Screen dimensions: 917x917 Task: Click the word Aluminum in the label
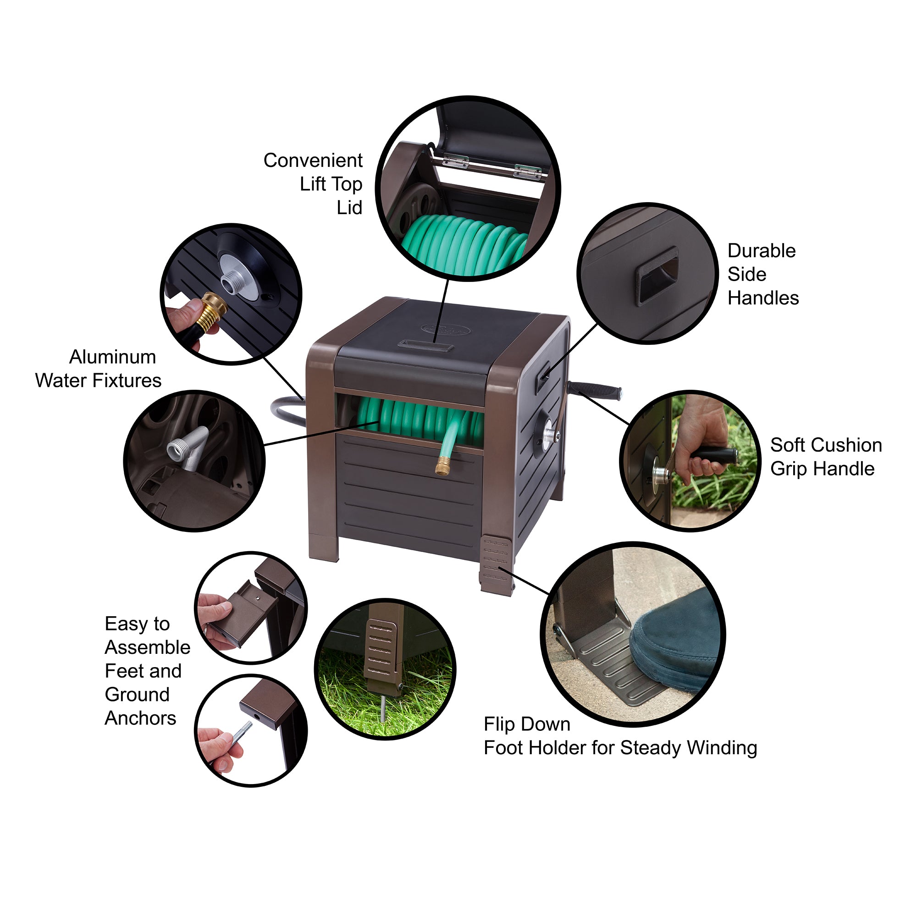[x=112, y=357]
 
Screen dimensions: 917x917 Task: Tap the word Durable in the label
[x=761, y=251]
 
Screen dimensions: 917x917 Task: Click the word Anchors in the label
[x=140, y=718]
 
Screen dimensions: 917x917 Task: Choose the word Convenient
[x=313, y=160]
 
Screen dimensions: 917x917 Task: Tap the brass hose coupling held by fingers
[x=213, y=312]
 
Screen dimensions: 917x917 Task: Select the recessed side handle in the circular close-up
[x=657, y=275]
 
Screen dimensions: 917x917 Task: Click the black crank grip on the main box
[x=595, y=391]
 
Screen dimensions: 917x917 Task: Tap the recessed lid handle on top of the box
[x=425, y=345]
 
